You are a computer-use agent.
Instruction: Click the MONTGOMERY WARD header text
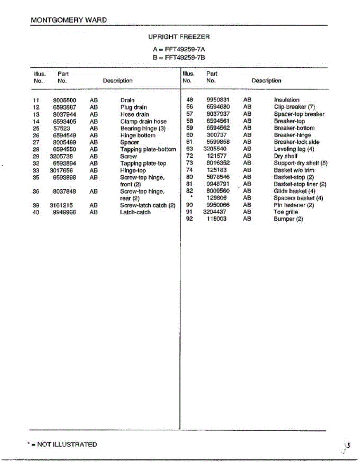[x=68, y=20]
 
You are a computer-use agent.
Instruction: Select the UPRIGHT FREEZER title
[x=179, y=37]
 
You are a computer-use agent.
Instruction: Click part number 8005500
[x=64, y=100]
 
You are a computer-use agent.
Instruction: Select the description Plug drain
[x=134, y=107]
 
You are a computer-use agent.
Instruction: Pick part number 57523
[x=62, y=128]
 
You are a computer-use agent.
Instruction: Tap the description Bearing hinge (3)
[x=143, y=128]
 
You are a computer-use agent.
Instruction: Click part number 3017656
[x=62, y=170]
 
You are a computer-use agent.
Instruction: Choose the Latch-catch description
[x=135, y=212]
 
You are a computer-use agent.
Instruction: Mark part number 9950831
[x=218, y=100]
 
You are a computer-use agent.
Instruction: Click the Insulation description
[x=287, y=100]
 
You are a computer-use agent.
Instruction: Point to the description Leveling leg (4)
[x=294, y=149]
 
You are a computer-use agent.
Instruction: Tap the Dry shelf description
[x=286, y=156]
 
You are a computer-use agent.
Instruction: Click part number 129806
[x=217, y=198]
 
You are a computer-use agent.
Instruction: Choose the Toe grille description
[x=286, y=212]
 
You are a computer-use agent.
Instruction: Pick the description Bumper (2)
[x=288, y=219]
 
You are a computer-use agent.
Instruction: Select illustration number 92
[x=190, y=219]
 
